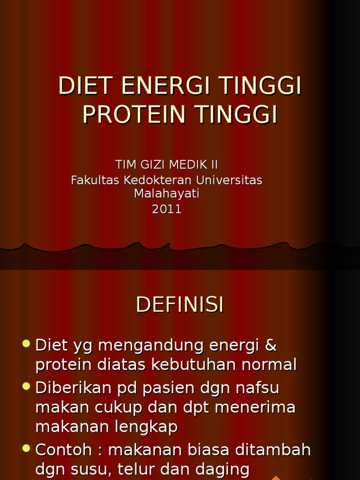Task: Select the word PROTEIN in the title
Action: [133, 115]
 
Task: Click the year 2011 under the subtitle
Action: [167, 209]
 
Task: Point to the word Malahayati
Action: [167, 194]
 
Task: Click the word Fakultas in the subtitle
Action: [95, 180]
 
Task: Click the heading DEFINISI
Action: [180, 305]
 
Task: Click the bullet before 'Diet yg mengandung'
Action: [26, 344]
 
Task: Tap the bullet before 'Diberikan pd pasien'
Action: [26, 386]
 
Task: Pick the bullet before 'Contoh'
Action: [26, 448]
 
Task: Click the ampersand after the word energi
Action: [271, 346]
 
